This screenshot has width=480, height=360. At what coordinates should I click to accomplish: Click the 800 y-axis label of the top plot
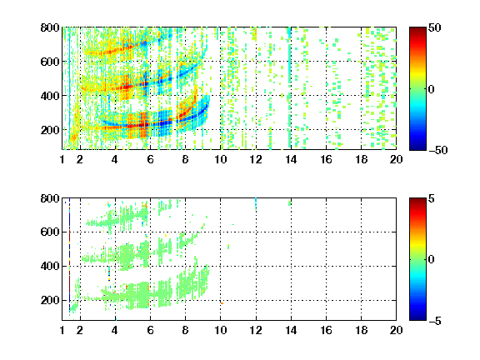pyautogui.click(x=50, y=27)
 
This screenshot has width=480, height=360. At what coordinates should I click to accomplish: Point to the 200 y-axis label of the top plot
pyautogui.click(x=50, y=130)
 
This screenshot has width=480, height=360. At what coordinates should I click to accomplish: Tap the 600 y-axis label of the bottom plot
pyautogui.click(x=50, y=232)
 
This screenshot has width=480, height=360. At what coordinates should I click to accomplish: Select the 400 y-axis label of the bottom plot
pyautogui.click(x=50, y=266)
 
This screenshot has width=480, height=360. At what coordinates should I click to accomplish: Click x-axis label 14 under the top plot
pyautogui.click(x=291, y=159)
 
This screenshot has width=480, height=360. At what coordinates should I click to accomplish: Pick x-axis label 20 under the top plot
pyautogui.click(x=396, y=159)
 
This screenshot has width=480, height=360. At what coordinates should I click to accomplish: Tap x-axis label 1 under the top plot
pyautogui.click(x=62, y=159)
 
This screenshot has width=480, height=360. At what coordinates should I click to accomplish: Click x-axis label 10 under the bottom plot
pyautogui.click(x=220, y=330)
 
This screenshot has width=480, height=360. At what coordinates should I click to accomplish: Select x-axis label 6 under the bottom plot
pyautogui.click(x=150, y=330)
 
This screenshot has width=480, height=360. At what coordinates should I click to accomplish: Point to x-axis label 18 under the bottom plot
pyautogui.click(x=361, y=330)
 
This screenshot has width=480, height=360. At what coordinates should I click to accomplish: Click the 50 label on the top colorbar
pyautogui.click(x=434, y=28)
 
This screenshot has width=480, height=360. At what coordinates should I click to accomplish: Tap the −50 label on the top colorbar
pyautogui.click(x=437, y=150)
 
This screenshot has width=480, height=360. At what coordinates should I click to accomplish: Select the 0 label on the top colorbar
pyautogui.click(x=431, y=89)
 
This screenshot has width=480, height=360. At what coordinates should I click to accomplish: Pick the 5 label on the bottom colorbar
pyautogui.click(x=432, y=199)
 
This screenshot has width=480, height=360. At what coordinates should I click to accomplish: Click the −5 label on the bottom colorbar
pyautogui.click(x=435, y=321)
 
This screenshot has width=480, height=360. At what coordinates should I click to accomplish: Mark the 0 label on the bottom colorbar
pyautogui.click(x=431, y=260)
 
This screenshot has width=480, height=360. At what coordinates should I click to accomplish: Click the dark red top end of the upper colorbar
pyautogui.click(x=417, y=29)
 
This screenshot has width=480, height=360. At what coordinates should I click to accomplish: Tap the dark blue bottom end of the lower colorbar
pyautogui.click(x=417, y=318)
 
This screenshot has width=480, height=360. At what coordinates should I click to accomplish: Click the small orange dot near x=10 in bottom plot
pyautogui.click(x=222, y=303)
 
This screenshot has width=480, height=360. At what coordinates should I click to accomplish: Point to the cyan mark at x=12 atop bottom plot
pyautogui.click(x=256, y=203)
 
